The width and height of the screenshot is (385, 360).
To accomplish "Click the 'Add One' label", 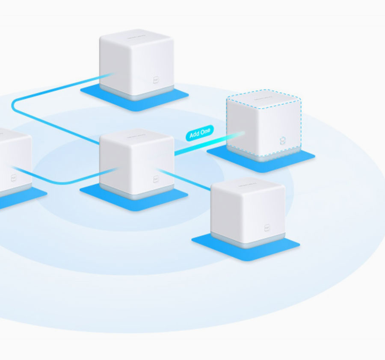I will (199, 133).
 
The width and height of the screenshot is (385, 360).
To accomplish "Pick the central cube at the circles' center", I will (136, 162).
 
